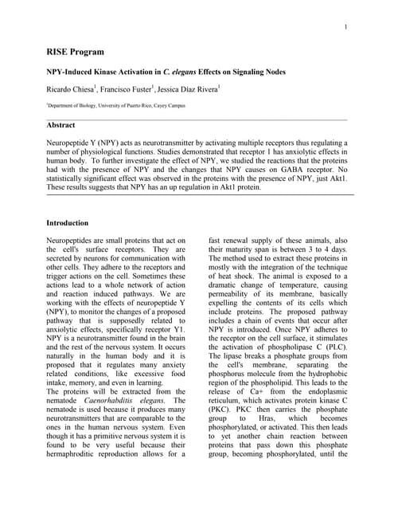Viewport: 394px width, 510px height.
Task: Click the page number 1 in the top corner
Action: tap(346, 29)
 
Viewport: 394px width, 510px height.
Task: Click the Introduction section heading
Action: tap(68, 223)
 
